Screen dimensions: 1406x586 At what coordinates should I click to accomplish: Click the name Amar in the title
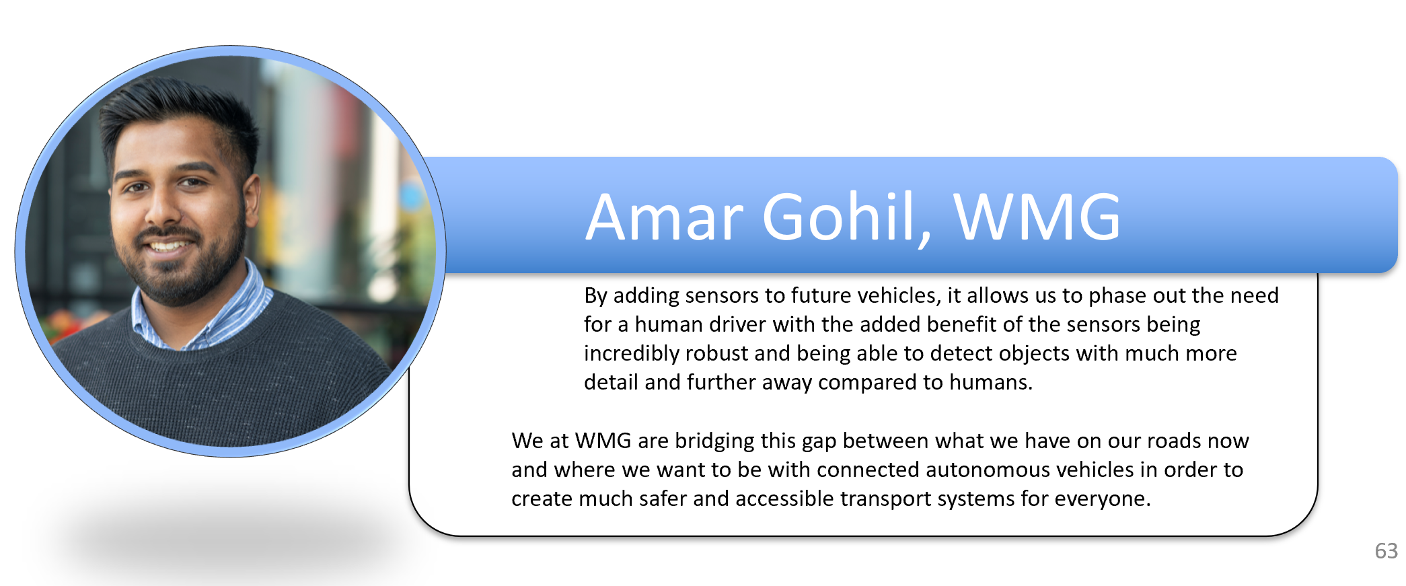click(664, 217)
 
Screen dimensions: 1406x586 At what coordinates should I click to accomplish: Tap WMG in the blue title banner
click(1037, 217)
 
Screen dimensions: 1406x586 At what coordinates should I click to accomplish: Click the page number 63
click(1386, 551)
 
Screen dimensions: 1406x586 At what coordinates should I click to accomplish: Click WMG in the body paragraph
click(603, 441)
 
